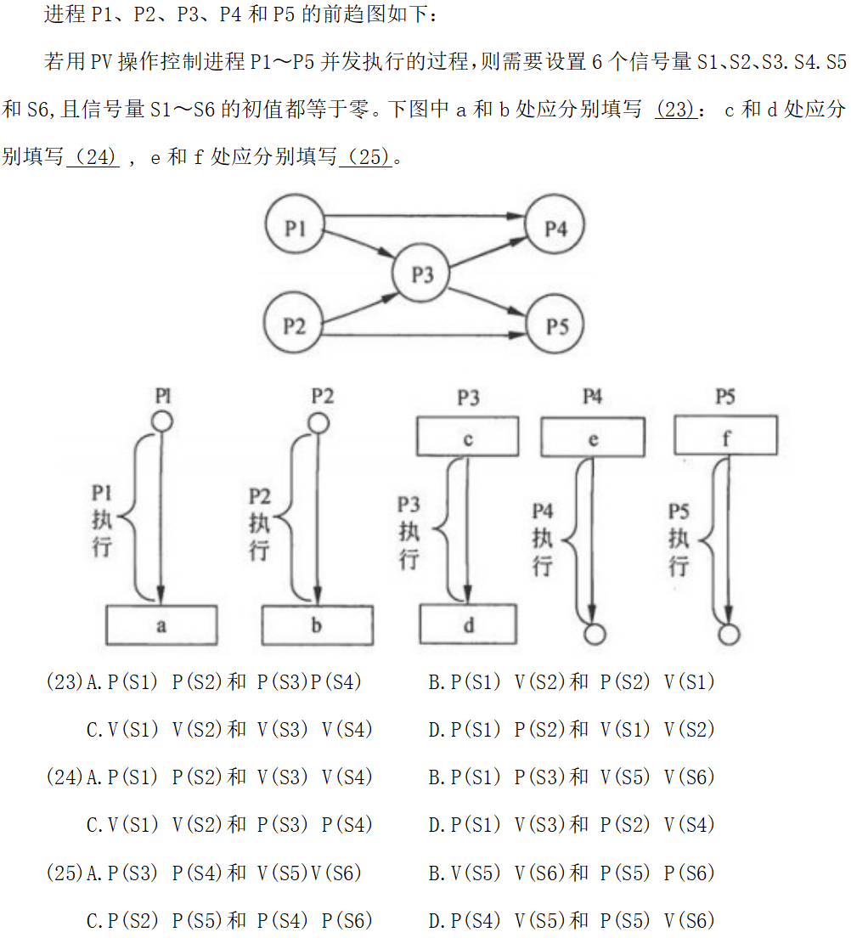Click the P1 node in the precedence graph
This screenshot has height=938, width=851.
295,228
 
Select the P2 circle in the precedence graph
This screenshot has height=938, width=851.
295,325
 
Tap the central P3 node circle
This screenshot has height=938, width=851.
422,274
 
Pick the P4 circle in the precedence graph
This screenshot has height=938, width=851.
555,228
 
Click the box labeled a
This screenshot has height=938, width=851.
161,625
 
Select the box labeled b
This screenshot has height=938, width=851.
316,625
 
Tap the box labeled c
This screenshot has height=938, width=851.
467,438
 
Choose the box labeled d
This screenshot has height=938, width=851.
468,625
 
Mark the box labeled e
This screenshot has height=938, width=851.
592,438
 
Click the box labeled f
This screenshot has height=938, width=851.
724,438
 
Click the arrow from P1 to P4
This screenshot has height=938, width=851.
425,217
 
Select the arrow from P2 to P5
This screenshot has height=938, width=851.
425,336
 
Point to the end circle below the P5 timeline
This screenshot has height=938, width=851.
729,635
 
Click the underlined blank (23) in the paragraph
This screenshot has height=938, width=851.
676,110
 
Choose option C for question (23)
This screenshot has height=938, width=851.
229,730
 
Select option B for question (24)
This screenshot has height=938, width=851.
572,777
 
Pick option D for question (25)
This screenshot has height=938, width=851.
572,920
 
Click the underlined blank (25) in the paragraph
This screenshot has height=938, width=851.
366,157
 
